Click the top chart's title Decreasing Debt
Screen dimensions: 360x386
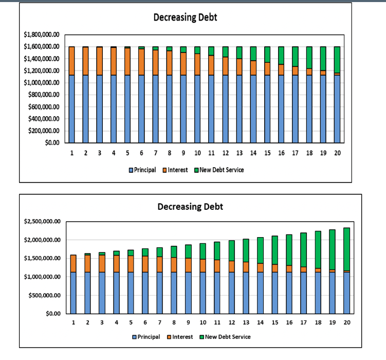185,17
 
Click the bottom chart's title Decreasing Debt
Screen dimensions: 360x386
190,207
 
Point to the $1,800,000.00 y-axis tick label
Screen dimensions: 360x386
42,34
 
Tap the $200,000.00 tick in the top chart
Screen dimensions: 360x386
45,131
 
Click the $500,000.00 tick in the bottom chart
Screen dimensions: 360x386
47,295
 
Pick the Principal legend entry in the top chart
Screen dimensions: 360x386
142,170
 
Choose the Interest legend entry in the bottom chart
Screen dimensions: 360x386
179,337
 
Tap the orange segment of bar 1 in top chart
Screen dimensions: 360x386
72,61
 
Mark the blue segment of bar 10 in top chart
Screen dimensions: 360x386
197,109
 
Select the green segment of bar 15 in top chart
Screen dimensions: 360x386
267,54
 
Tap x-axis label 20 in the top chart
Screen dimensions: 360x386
337,153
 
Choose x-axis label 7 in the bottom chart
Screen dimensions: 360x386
160,322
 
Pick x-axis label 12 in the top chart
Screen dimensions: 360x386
225,153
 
